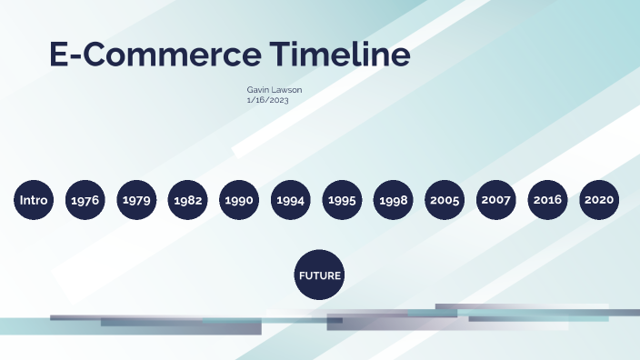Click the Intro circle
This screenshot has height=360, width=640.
tap(34, 200)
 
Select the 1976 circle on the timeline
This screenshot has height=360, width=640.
tap(85, 200)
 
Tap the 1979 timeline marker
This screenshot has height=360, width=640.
tap(136, 200)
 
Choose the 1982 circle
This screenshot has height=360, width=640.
tap(187, 200)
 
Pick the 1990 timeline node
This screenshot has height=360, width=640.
tap(239, 200)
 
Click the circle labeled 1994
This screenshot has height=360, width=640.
tap(290, 200)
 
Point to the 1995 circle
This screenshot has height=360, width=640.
tap(342, 200)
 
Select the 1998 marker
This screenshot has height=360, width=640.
tap(393, 200)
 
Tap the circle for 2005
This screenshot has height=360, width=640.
tap(445, 200)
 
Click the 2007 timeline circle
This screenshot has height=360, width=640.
tap(496, 200)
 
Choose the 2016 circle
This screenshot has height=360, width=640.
tap(547, 200)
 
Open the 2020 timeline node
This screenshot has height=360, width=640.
tap(599, 200)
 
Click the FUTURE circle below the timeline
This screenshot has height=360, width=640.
tap(320, 275)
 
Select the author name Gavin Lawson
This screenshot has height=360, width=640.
tap(275, 90)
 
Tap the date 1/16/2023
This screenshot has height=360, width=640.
tap(266, 100)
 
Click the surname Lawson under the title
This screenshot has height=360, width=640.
tap(287, 90)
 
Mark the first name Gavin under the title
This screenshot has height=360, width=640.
tap(257, 90)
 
